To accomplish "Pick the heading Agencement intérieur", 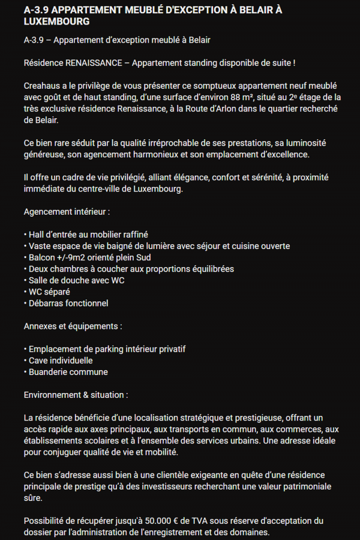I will [x=67, y=212].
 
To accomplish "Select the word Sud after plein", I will [x=142, y=257].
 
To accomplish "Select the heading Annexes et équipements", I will [x=73, y=326].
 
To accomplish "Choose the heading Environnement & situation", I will [x=75, y=395].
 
